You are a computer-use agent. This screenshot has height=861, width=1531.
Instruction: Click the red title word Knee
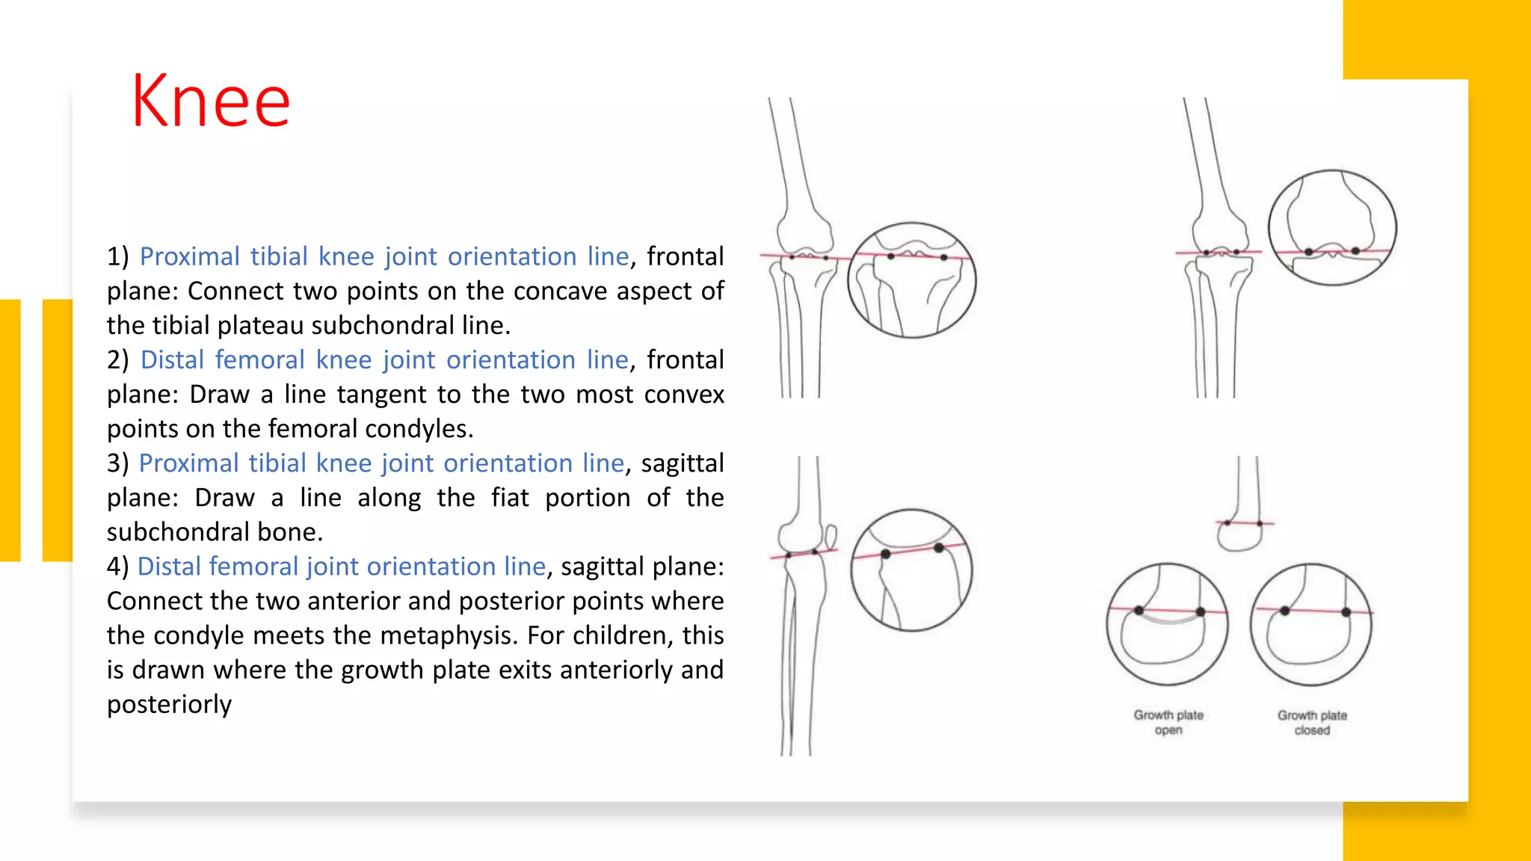pos(210,102)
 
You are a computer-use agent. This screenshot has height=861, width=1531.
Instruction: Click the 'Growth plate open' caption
pos(1168,722)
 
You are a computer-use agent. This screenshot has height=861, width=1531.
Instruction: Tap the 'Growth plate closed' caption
pos(1312,722)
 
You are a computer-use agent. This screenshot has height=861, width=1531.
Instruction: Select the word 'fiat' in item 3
pos(510,498)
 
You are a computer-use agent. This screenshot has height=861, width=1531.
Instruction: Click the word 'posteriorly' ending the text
pos(170,704)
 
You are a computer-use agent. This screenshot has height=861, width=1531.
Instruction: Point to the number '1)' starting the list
pos(118,256)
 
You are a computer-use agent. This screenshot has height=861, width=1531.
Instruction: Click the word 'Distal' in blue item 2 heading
pos(172,359)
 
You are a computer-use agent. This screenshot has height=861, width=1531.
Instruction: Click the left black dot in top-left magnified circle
pos(890,256)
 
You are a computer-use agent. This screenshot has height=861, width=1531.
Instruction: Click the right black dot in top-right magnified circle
pos(1355,251)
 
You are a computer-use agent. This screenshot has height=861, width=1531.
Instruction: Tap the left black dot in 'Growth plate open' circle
pos(1139,611)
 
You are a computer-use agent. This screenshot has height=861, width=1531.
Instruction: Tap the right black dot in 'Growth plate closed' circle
pos(1346,612)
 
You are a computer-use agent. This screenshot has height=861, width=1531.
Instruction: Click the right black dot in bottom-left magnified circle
pos(939,548)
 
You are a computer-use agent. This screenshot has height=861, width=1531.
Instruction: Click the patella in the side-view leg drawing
pos(831,535)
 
